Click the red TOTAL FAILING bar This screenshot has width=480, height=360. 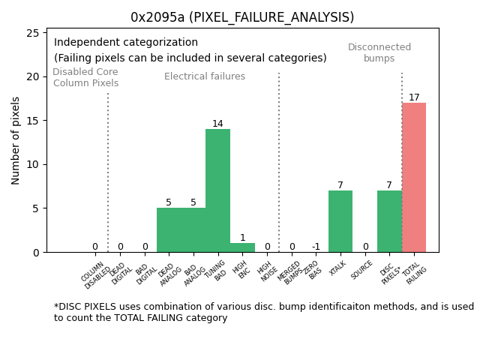[x=414, y=178]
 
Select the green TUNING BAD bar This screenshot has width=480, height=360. [x=217, y=190]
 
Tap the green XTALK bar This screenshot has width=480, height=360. [x=340, y=221]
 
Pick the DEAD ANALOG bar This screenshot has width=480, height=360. [x=169, y=229]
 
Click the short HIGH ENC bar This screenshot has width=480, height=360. [x=242, y=247]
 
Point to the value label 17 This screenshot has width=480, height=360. [x=414, y=97]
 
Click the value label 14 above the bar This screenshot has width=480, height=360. [x=217, y=124]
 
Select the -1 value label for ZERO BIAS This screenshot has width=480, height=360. [x=316, y=247]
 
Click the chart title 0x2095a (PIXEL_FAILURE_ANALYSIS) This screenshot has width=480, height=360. [x=242, y=17]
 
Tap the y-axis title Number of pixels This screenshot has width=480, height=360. [x=16, y=140]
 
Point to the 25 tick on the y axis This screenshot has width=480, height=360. [x=33, y=33]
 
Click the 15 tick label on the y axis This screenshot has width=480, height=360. [x=33, y=121]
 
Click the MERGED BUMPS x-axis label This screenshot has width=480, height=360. [x=289, y=271]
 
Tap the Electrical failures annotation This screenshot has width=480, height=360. [x=205, y=76]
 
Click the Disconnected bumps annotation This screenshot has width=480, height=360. [x=379, y=52]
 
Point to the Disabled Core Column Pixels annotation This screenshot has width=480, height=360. [x=85, y=77]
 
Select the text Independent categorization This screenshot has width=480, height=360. [x=126, y=43]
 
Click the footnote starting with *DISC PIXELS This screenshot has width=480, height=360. [x=263, y=312]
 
